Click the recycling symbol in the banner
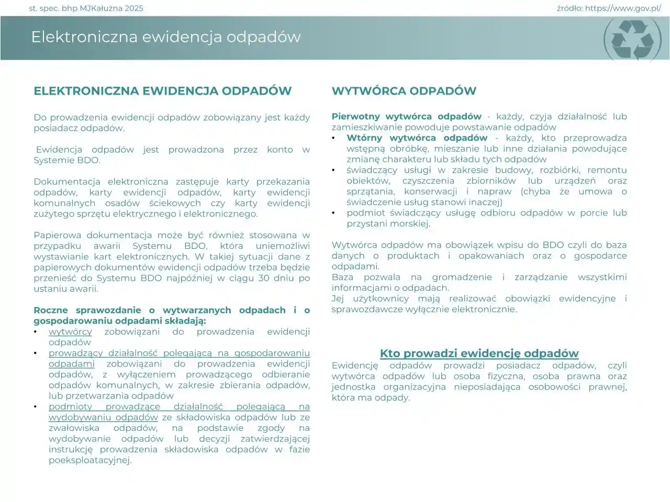click(x=633, y=39)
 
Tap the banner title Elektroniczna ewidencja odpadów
click(x=166, y=37)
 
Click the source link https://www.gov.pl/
click(x=623, y=8)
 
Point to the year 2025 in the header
click(x=133, y=8)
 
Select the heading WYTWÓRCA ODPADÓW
click(x=404, y=91)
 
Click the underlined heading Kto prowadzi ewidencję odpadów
click(x=479, y=353)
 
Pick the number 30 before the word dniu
click(x=264, y=278)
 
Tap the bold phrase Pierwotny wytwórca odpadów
click(x=406, y=117)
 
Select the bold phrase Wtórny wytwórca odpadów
click(x=417, y=138)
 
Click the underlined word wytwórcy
click(x=70, y=332)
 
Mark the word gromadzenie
click(x=462, y=277)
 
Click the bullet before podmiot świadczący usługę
click(x=334, y=213)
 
